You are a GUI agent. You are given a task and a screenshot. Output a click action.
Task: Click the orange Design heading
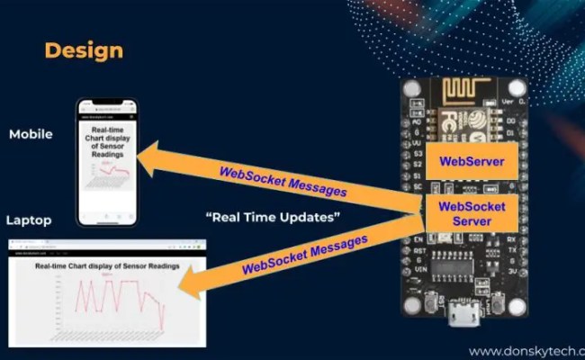[84, 49]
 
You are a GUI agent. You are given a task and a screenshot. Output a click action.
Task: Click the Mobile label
[31, 134]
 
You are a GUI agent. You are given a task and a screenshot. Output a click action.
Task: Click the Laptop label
[29, 220]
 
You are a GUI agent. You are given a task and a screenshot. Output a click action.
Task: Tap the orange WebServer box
[470, 164]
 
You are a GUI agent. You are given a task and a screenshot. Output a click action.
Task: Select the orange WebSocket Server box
[471, 214]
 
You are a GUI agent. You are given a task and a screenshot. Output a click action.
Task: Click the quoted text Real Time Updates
[273, 218]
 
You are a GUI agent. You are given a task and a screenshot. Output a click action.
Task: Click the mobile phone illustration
[107, 162]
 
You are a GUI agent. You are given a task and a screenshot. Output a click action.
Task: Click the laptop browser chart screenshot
[106, 292]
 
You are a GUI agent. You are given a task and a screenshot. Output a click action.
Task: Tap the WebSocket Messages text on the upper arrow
[282, 179]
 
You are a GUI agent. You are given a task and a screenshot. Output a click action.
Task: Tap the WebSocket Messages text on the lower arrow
[305, 254]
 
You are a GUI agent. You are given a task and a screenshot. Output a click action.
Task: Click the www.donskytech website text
[526, 351]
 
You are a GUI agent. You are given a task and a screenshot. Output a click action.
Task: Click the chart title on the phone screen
[107, 142]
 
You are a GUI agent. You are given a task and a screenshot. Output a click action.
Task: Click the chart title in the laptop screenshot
[106, 266]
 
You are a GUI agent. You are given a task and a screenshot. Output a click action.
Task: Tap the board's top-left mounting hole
[412, 89]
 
